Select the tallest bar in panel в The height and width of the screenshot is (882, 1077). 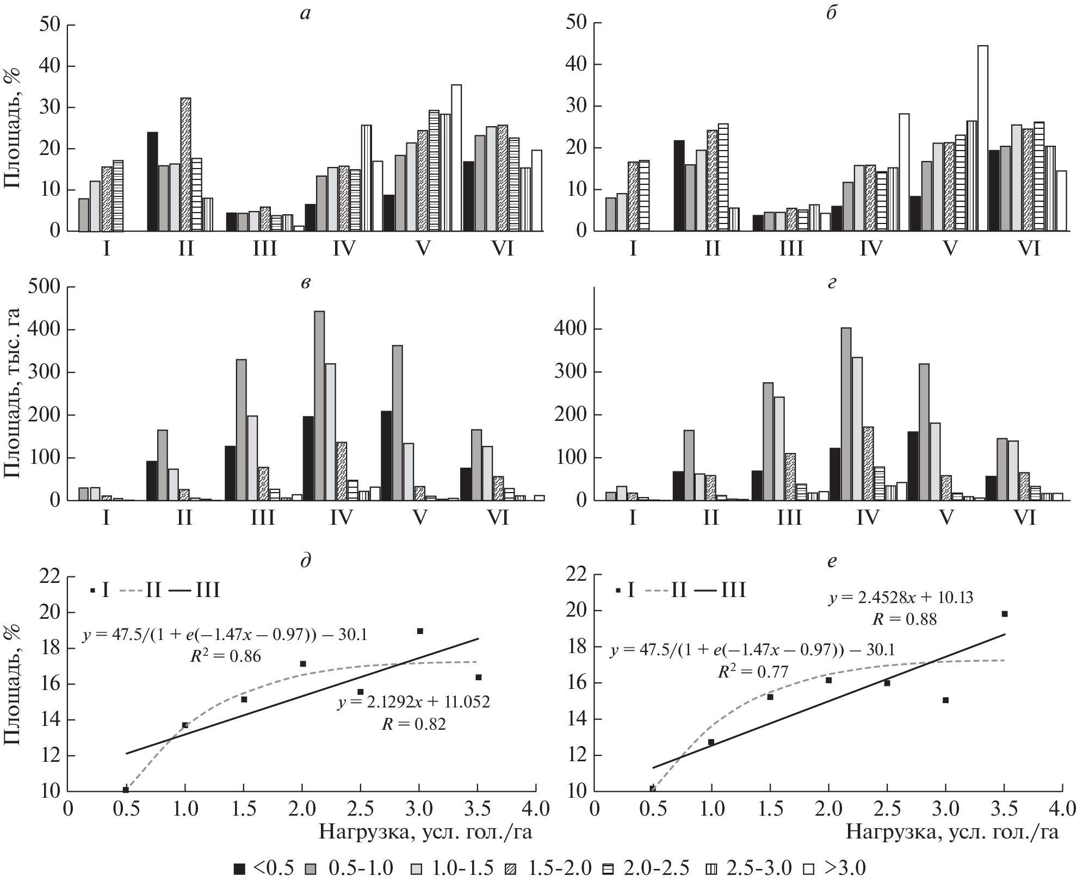pos(319,406)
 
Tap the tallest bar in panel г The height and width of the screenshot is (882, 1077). pos(846,414)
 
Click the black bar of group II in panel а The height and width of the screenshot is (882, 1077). pos(152,182)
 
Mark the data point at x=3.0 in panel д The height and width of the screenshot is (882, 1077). pos(420,631)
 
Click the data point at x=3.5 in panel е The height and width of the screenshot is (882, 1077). pos(1005,614)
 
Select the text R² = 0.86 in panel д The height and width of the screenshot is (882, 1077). pos(225,656)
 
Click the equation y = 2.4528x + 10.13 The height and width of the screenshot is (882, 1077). pos(901,599)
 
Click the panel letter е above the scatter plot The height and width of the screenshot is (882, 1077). pos(831,561)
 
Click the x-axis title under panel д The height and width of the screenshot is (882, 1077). pos(425,833)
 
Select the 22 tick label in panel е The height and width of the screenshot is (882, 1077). pos(577,575)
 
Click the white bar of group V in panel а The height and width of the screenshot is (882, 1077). pos(456,158)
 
